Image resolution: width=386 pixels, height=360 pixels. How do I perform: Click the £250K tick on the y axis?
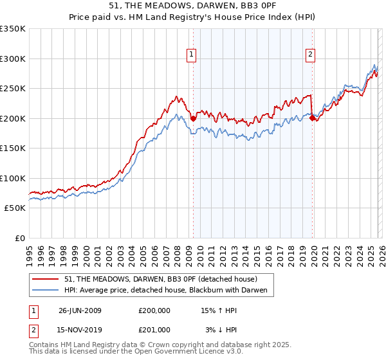(x=13, y=89)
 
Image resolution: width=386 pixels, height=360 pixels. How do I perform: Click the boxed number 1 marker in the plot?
(x=192, y=55)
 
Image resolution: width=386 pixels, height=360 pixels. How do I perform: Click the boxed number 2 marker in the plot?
(x=310, y=55)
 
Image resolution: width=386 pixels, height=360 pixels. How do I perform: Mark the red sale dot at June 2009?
(x=193, y=118)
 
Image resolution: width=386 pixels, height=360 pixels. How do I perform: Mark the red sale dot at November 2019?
(x=312, y=118)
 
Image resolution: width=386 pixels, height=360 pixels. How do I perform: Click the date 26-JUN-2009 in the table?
(x=80, y=310)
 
